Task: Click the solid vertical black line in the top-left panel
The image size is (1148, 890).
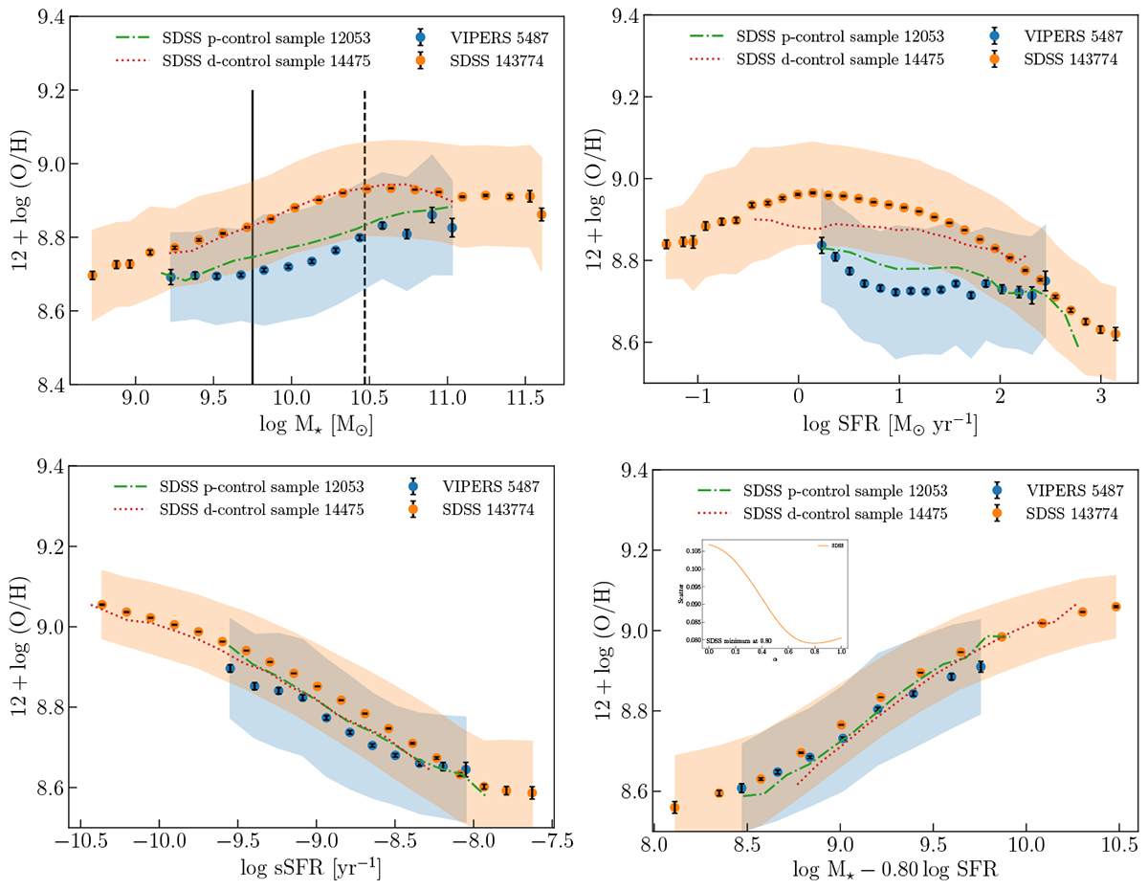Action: click(252, 239)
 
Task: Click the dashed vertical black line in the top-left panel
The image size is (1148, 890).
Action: click(364, 239)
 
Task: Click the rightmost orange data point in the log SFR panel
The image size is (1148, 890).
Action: click(1115, 334)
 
